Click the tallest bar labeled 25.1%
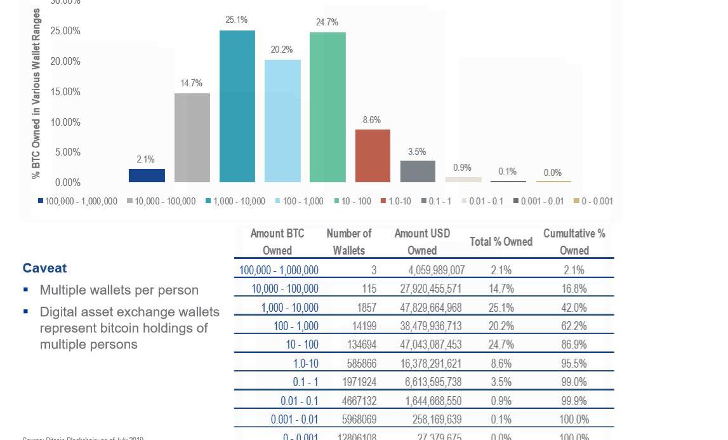[237, 106]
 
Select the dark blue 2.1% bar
[147, 175]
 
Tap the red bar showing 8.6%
[373, 156]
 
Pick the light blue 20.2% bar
[282, 121]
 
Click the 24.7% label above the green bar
[327, 22]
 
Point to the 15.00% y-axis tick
[65, 91]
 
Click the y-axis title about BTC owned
[36, 93]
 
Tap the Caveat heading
[44, 268]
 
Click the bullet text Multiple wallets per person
[119, 290]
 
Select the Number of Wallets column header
[349, 242]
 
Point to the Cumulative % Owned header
[574, 242]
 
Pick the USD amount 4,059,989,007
[437, 270]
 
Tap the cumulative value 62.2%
[574, 326]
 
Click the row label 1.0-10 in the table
[306, 363]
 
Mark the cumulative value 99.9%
[574, 401]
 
